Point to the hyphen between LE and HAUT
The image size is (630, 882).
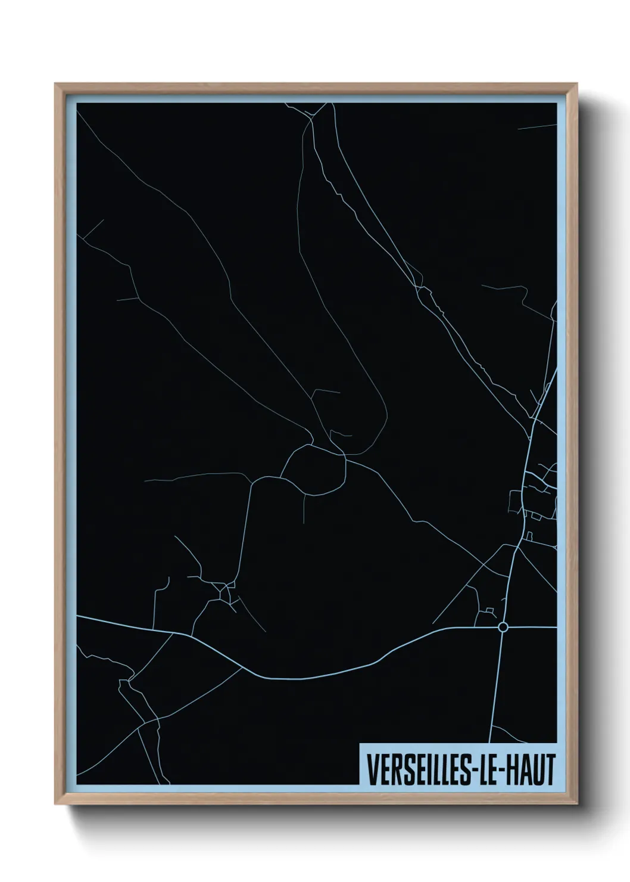pyautogui.click(x=503, y=771)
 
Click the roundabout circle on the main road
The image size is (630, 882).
pyautogui.click(x=503, y=627)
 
